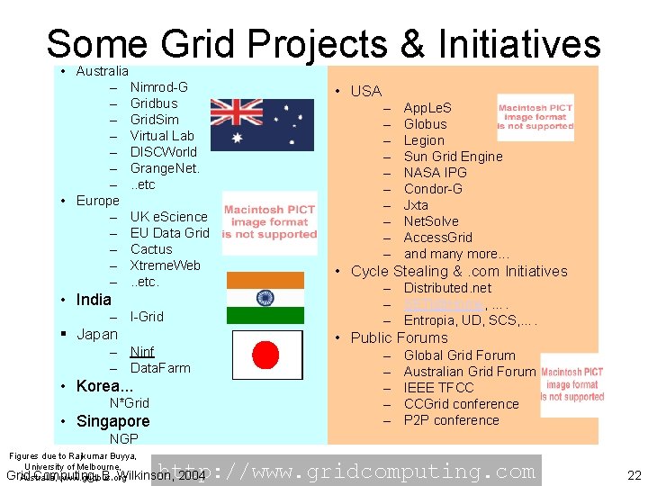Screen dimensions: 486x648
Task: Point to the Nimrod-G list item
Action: click(158, 87)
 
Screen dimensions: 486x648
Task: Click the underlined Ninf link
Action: click(142, 352)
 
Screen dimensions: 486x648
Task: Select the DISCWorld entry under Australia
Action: click(163, 152)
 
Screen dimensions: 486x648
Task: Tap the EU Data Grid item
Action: click(169, 233)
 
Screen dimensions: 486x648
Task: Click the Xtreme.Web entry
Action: click(165, 265)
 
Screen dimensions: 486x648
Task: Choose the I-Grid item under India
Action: click(147, 317)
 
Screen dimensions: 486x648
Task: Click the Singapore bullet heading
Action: click(112, 421)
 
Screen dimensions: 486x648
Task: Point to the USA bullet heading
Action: click(365, 91)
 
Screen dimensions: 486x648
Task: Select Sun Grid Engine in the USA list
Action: click(453, 157)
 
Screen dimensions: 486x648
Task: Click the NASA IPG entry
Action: click(435, 173)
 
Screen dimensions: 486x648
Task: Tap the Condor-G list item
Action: click(433, 189)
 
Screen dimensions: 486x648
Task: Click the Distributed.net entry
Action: click(447, 289)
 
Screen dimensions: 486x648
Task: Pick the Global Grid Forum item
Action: click(459, 355)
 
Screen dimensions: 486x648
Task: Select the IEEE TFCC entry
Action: click(438, 388)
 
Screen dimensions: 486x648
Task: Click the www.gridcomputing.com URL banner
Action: click(346, 471)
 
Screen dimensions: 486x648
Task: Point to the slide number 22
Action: click(633, 474)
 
